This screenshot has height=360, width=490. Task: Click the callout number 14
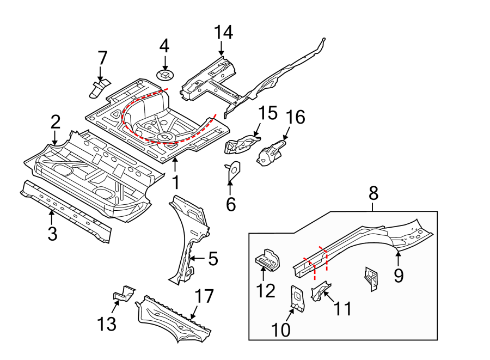click(x=223, y=33)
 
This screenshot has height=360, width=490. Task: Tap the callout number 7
click(x=102, y=58)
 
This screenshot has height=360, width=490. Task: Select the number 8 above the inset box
click(x=373, y=193)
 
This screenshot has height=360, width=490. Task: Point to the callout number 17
click(x=205, y=297)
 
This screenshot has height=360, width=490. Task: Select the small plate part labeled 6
click(x=232, y=171)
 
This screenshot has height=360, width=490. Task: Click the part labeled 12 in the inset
click(x=267, y=259)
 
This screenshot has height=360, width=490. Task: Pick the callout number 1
click(x=174, y=180)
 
